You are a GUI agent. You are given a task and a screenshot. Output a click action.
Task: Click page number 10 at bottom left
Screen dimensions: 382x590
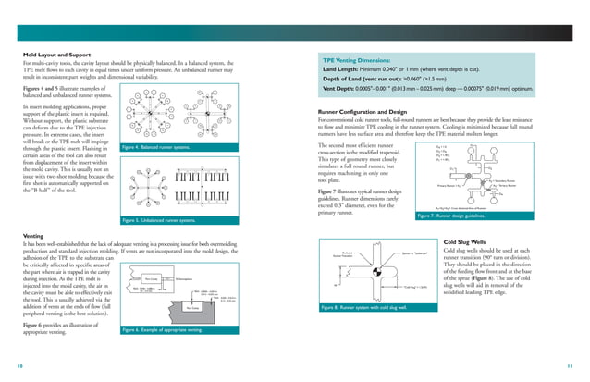21,365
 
